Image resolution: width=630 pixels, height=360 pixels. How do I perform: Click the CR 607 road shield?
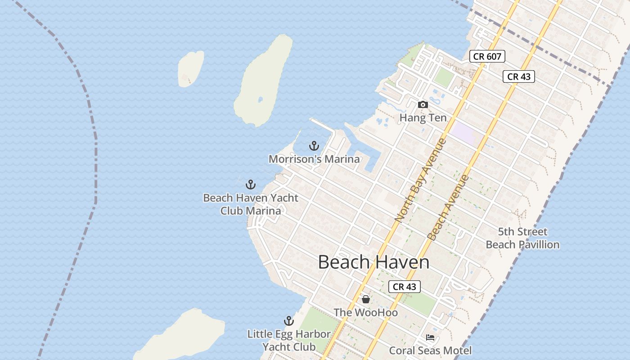pyautogui.click(x=487, y=56)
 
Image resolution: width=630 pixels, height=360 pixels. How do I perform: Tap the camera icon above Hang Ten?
pyautogui.click(x=423, y=104)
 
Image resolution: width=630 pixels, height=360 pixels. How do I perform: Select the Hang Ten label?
pyautogui.click(x=423, y=118)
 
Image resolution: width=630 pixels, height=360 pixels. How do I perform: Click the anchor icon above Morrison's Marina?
pyautogui.click(x=314, y=146)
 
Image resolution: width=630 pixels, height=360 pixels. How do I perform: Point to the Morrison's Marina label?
pyautogui.click(x=314, y=159)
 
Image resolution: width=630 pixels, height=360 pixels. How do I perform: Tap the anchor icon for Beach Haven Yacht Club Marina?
pyautogui.click(x=251, y=184)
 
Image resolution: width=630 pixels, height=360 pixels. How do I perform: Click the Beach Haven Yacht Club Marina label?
pyautogui.click(x=251, y=204)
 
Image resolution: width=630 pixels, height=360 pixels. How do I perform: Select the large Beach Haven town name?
pyautogui.click(x=373, y=262)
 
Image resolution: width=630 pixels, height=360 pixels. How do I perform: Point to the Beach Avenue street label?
pyautogui.click(x=448, y=207)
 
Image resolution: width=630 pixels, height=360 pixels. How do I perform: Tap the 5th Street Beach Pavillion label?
pyautogui.click(x=522, y=238)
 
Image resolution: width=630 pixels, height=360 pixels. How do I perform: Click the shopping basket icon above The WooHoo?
pyautogui.click(x=366, y=299)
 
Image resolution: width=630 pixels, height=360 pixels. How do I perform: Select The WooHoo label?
pyautogui.click(x=366, y=312)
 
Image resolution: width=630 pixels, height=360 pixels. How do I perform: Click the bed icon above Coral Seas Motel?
pyautogui.click(x=430, y=337)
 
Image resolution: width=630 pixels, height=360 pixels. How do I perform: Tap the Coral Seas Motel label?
pyautogui.click(x=430, y=351)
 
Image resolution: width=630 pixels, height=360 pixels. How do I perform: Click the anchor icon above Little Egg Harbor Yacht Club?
pyautogui.click(x=289, y=321)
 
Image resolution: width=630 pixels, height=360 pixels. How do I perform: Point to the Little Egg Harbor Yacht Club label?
pyautogui.click(x=289, y=341)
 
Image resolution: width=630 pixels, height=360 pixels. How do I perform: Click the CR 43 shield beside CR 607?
pyautogui.click(x=519, y=76)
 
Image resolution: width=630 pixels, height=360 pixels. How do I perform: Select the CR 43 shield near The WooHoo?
pyautogui.click(x=404, y=287)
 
